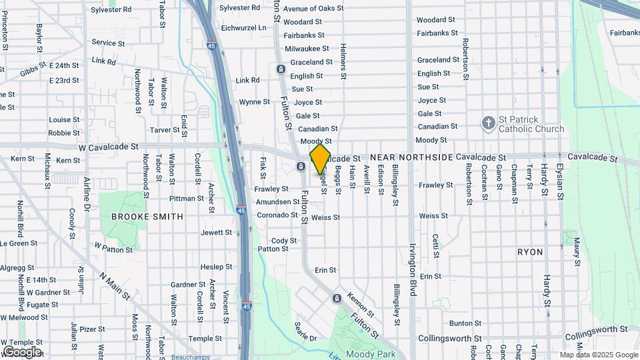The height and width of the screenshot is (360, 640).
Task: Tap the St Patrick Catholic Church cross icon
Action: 489,123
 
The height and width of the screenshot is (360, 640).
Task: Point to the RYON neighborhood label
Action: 530,252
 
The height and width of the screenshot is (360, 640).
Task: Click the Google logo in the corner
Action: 22,351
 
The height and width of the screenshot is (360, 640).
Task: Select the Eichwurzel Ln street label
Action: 243,27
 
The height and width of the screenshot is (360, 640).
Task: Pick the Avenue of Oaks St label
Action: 313,9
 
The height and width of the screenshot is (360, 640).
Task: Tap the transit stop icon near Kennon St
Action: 337,297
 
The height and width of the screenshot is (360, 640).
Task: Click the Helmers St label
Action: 343,61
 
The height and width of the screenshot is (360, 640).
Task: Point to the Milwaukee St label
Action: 307,49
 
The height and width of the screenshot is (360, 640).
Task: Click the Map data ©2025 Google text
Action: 599,355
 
